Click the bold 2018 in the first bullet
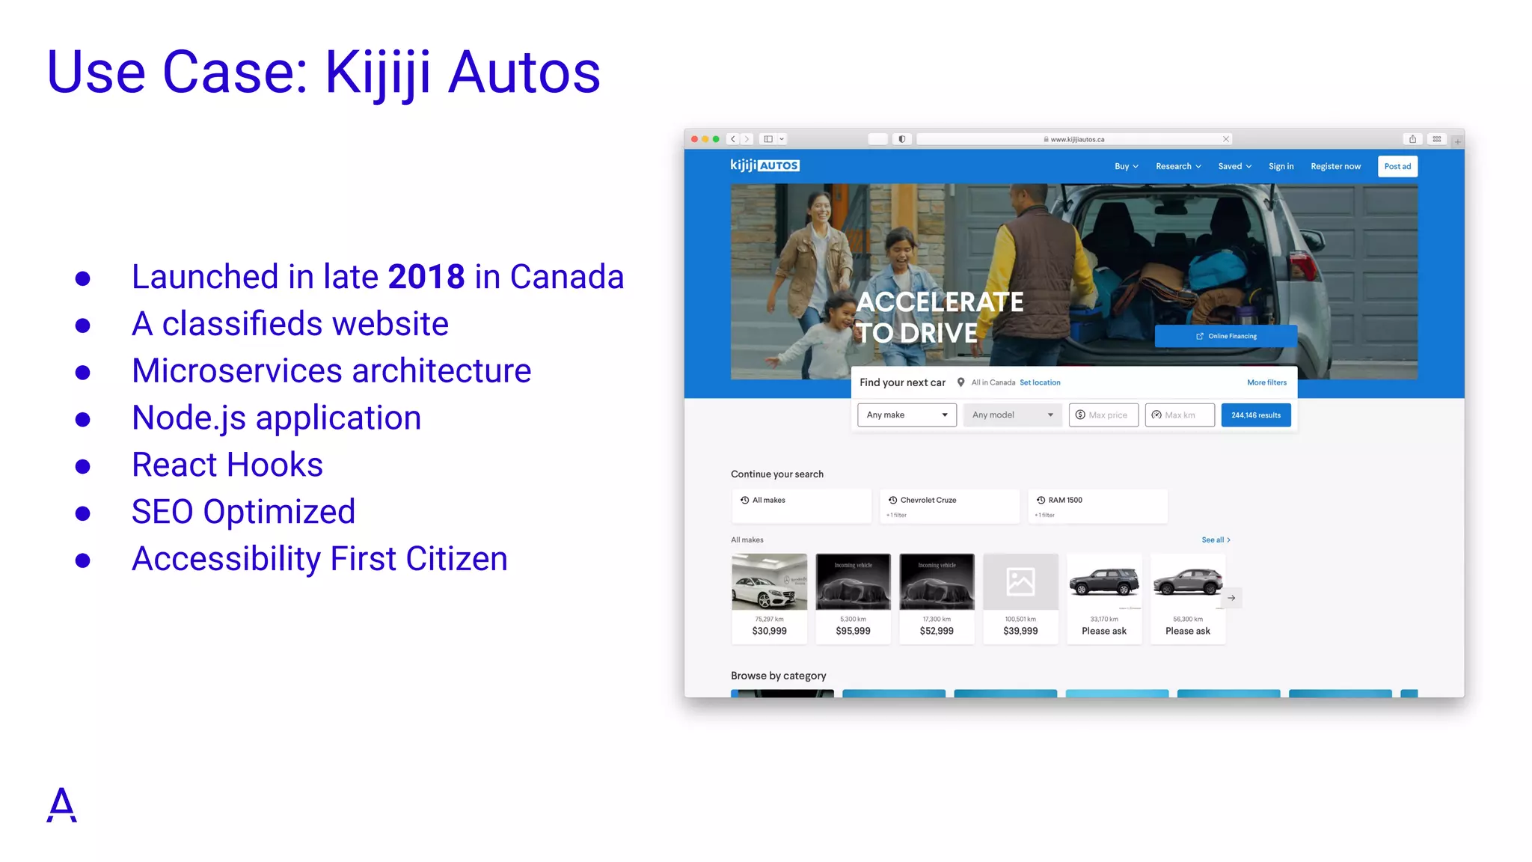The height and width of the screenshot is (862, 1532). (x=426, y=277)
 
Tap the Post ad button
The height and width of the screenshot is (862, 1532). (x=1397, y=166)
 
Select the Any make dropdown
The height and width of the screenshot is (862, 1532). (x=907, y=415)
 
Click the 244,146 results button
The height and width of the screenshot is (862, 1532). (x=1255, y=415)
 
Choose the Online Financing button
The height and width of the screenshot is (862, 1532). (x=1225, y=336)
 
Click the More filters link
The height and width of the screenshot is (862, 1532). (x=1266, y=382)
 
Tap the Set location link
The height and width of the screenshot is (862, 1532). (x=1040, y=382)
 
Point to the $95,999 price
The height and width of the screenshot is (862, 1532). (x=853, y=631)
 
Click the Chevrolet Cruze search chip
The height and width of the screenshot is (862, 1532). (x=949, y=506)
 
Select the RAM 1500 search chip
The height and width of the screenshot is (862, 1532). (x=1097, y=506)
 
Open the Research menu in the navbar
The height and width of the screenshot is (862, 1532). (x=1178, y=166)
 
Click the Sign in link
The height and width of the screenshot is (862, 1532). (x=1281, y=166)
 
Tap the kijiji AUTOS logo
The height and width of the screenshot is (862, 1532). (x=765, y=165)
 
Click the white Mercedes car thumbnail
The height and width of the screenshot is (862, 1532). (x=769, y=582)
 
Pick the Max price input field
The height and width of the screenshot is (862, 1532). (x=1103, y=415)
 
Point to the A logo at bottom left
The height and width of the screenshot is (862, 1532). (x=61, y=805)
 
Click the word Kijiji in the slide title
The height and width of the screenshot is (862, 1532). (x=378, y=73)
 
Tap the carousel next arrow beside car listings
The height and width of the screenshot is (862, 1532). (x=1231, y=598)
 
